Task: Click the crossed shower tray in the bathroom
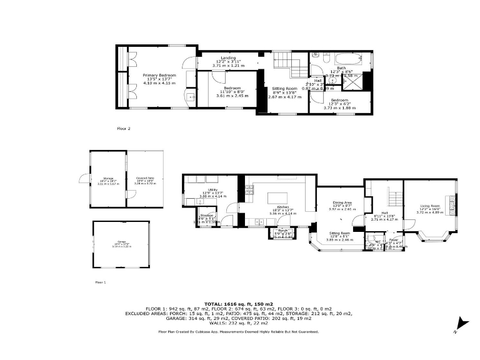pos(355,81)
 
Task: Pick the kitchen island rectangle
pos(277,197)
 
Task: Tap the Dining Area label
pos(341,202)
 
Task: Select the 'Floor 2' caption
pos(124,128)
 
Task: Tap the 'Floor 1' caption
pos(101,282)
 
